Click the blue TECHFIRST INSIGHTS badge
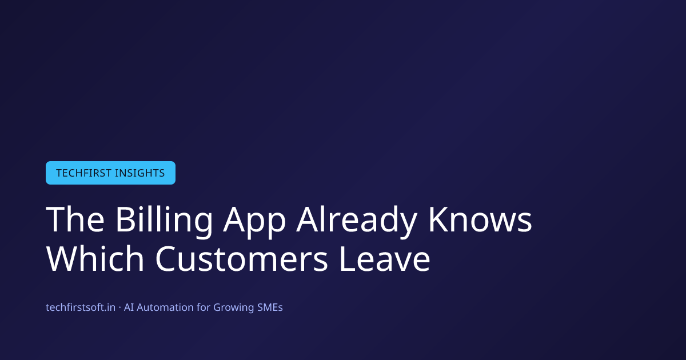110,173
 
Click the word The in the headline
75,219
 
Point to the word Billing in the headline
164,222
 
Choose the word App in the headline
254,222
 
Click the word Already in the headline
357,222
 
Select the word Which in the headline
95,258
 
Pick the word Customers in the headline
242,259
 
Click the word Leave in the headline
385,259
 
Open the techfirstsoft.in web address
81,307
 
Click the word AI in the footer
129,307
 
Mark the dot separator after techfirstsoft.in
119,307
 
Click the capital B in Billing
126,219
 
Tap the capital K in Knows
438,219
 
